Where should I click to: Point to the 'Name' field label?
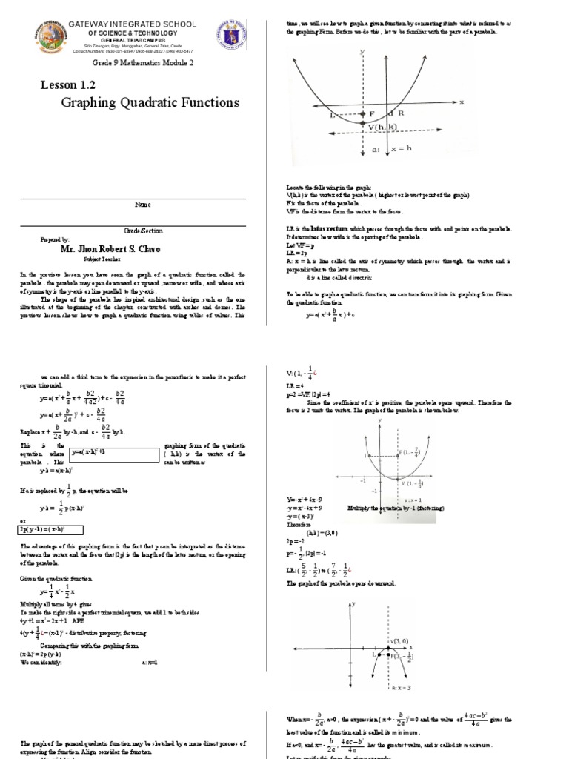[x=142, y=203]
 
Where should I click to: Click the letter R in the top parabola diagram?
[x=400, y=114]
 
